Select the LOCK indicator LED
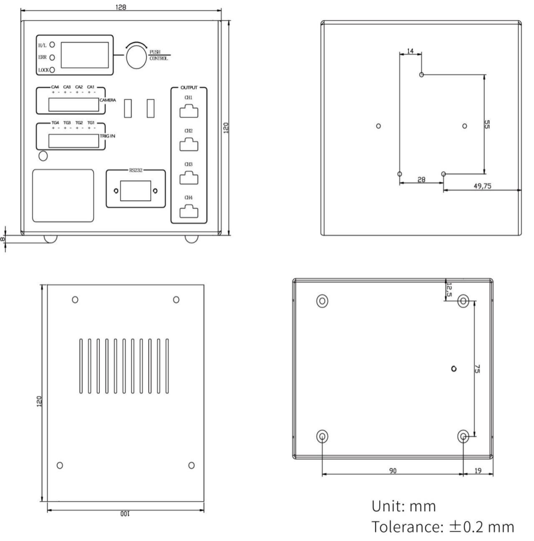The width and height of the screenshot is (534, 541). click(52, 69)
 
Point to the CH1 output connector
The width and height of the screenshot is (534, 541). click(189, 111)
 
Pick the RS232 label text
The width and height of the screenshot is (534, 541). click(135, 171)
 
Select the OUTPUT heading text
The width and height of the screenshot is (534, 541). click(189, 87)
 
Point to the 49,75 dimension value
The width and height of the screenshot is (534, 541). click(481, 185)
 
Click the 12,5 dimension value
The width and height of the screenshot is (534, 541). click(449, 289)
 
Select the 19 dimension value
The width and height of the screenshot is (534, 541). click(478, 469)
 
